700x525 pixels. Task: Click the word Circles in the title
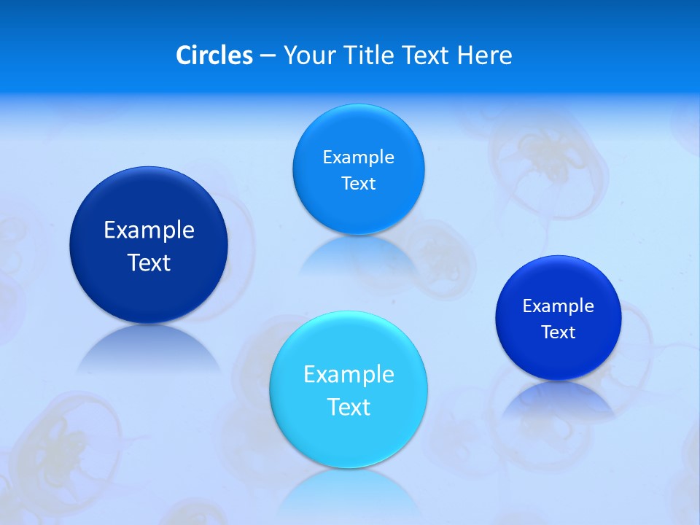pyautogui.click(x=214, y=55)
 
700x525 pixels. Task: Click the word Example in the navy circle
pyautogui.click(x=149, y=230)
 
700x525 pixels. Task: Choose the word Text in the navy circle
pyautogui.click(x=149, y=262)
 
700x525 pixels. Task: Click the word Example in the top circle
pyautogui.click(x=359, y=157)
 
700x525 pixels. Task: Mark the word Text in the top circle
pyautogui.click(x=359, y=184)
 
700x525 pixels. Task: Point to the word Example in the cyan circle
pyautogui.click(x=349, y=375)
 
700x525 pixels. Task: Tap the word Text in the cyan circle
pyautogui.click(x=349, y=407)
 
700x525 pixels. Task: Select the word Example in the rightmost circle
pyautogui.click(x=559, y=306)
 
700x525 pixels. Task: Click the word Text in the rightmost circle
pyautogui.click(x=559, y=332)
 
